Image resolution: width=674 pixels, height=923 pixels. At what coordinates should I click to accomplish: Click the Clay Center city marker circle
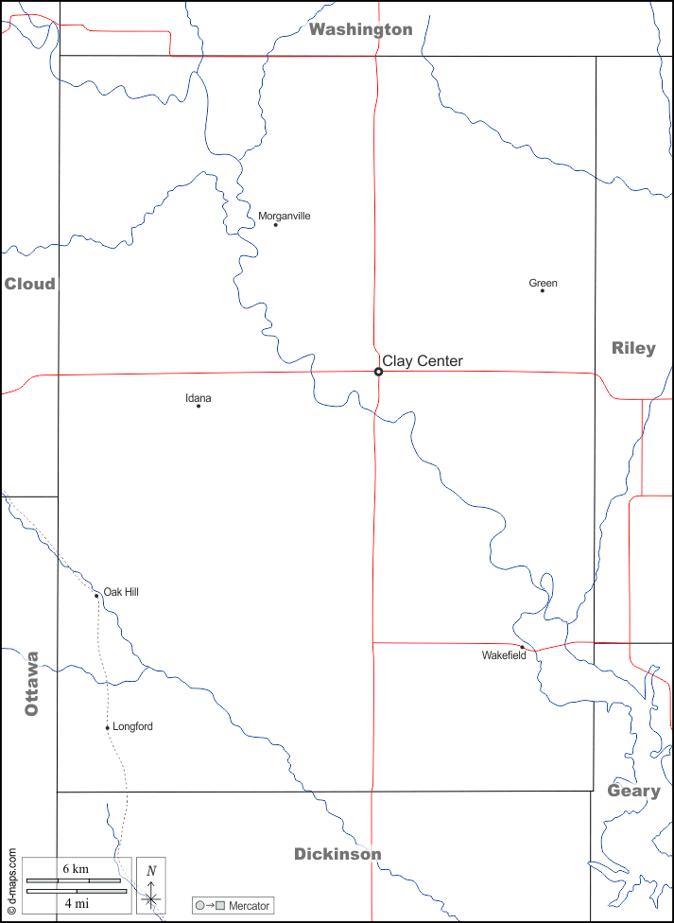tap(379, 372)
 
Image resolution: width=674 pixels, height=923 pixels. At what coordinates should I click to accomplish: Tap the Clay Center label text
tap(423, 360)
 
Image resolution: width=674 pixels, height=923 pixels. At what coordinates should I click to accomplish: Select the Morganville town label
tap(285, 216)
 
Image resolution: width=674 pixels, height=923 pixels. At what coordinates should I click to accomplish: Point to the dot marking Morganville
tap(275, 225)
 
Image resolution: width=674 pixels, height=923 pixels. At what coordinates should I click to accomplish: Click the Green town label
tap(543, 283)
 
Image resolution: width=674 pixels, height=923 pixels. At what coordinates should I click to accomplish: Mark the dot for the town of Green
tap(543, 290)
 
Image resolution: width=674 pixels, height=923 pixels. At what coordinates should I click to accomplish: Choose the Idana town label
tap(199, 398)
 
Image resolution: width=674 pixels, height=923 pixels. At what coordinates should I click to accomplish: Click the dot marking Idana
tap(199, 407)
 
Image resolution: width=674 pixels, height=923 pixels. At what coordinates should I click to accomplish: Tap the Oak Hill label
tap(121, 592)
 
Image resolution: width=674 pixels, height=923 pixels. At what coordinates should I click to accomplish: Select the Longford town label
tap(132, 726)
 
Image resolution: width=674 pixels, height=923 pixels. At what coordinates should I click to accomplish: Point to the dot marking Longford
tap(108, 727)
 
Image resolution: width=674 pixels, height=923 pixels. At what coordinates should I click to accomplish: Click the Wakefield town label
tap(504, 654)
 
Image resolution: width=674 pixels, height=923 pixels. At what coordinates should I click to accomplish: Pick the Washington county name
tap(361, 29)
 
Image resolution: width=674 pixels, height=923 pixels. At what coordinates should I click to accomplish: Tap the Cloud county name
tap(29, 284)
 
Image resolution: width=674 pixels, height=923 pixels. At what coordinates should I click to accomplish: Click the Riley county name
tap(633, 348)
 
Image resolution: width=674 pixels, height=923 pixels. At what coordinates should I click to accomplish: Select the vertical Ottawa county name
tap(32, 683)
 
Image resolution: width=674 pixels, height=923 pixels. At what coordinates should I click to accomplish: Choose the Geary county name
tap(633, 791)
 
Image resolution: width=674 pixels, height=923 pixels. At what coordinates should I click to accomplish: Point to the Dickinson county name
tap(337, 854)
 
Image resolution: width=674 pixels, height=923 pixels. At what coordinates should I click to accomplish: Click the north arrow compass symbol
tap(151, 886)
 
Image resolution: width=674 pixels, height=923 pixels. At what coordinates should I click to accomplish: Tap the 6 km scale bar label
tap(76, 868)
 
